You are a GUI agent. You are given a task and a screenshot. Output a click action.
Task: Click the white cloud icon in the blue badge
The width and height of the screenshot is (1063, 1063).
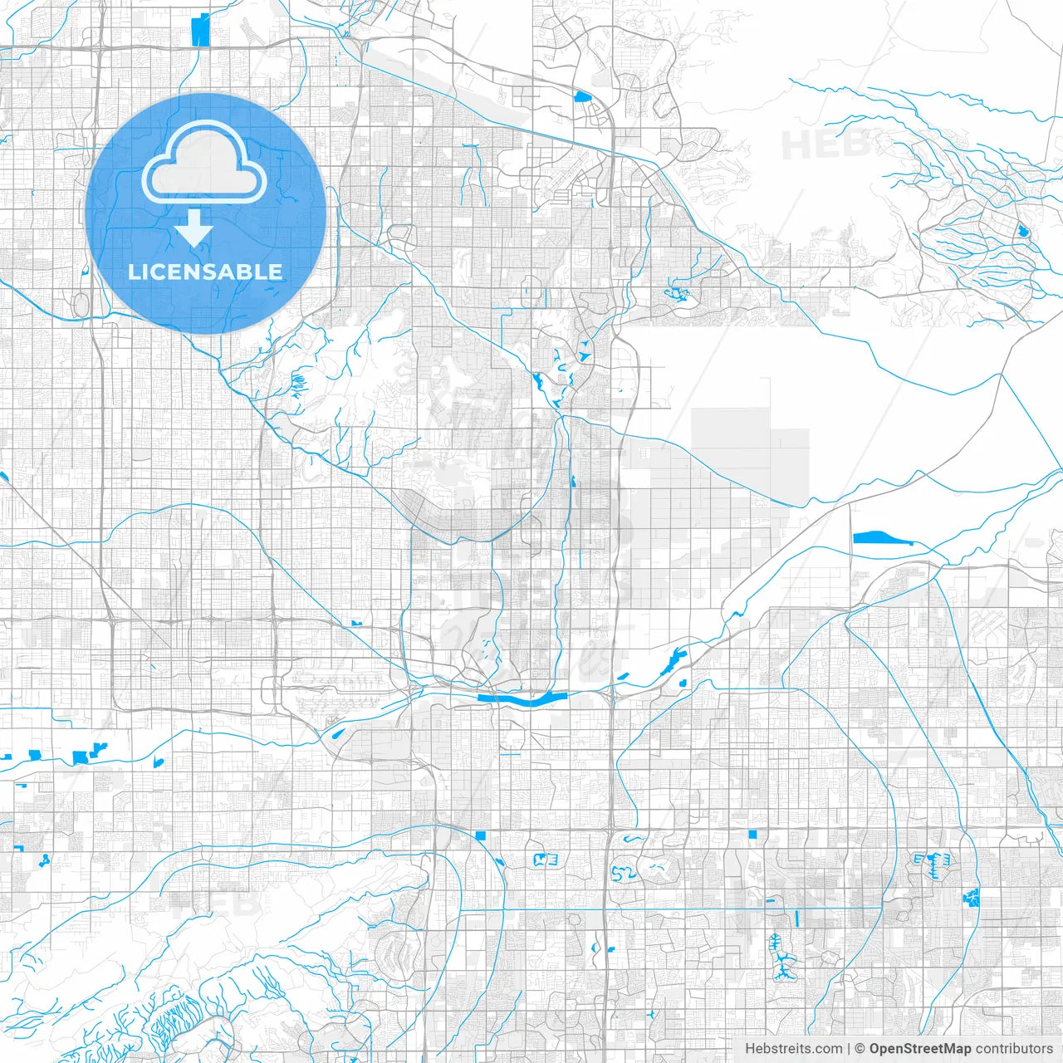[x=203, y=162]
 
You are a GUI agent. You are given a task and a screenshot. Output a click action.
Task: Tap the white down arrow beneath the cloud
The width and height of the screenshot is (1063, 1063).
[x=194, y=228]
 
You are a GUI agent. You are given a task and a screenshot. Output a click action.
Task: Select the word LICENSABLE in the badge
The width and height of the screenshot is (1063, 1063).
[x=205, y=272]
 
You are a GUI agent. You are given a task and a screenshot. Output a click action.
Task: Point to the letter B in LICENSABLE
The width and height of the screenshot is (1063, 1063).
[x=245, y=272]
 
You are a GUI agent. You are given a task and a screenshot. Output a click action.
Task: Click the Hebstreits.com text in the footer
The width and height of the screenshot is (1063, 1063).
[x=793, y=1049]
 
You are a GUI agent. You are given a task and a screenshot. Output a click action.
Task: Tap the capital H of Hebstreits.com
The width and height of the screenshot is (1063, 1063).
[x=750, y=1049]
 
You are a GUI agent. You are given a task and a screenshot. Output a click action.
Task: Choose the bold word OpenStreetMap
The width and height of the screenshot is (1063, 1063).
[x=920, y=1049]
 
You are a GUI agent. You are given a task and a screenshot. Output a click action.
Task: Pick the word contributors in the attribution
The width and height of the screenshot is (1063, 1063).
[x=1014, y=1049]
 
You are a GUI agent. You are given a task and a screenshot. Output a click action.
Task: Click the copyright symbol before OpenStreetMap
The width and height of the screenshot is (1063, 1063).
[x=860, y=1049]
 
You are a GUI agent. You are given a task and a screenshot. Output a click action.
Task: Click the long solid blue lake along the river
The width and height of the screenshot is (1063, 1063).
[x=523, y=700]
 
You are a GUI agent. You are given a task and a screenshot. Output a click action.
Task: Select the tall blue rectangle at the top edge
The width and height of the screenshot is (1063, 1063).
[x=200, y=30]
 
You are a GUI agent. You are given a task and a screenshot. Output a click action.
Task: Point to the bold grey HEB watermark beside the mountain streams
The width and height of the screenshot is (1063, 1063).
[x=825, y=145]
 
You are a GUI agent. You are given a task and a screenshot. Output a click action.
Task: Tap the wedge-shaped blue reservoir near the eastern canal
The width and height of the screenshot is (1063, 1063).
[x=882, y=538]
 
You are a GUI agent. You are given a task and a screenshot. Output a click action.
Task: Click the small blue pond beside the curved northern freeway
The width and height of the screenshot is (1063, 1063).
[x=582, y=96]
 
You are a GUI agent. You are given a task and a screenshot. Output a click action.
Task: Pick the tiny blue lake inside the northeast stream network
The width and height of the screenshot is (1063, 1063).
[x=1023, y=231]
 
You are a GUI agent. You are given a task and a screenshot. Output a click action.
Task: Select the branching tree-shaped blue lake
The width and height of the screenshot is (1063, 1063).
[x=780, y=955]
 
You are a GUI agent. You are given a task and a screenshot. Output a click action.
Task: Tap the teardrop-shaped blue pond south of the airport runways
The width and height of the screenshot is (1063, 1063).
[x=337, y=733]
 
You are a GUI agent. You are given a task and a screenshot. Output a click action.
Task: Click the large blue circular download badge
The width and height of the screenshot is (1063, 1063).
[x=205, y=213]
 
